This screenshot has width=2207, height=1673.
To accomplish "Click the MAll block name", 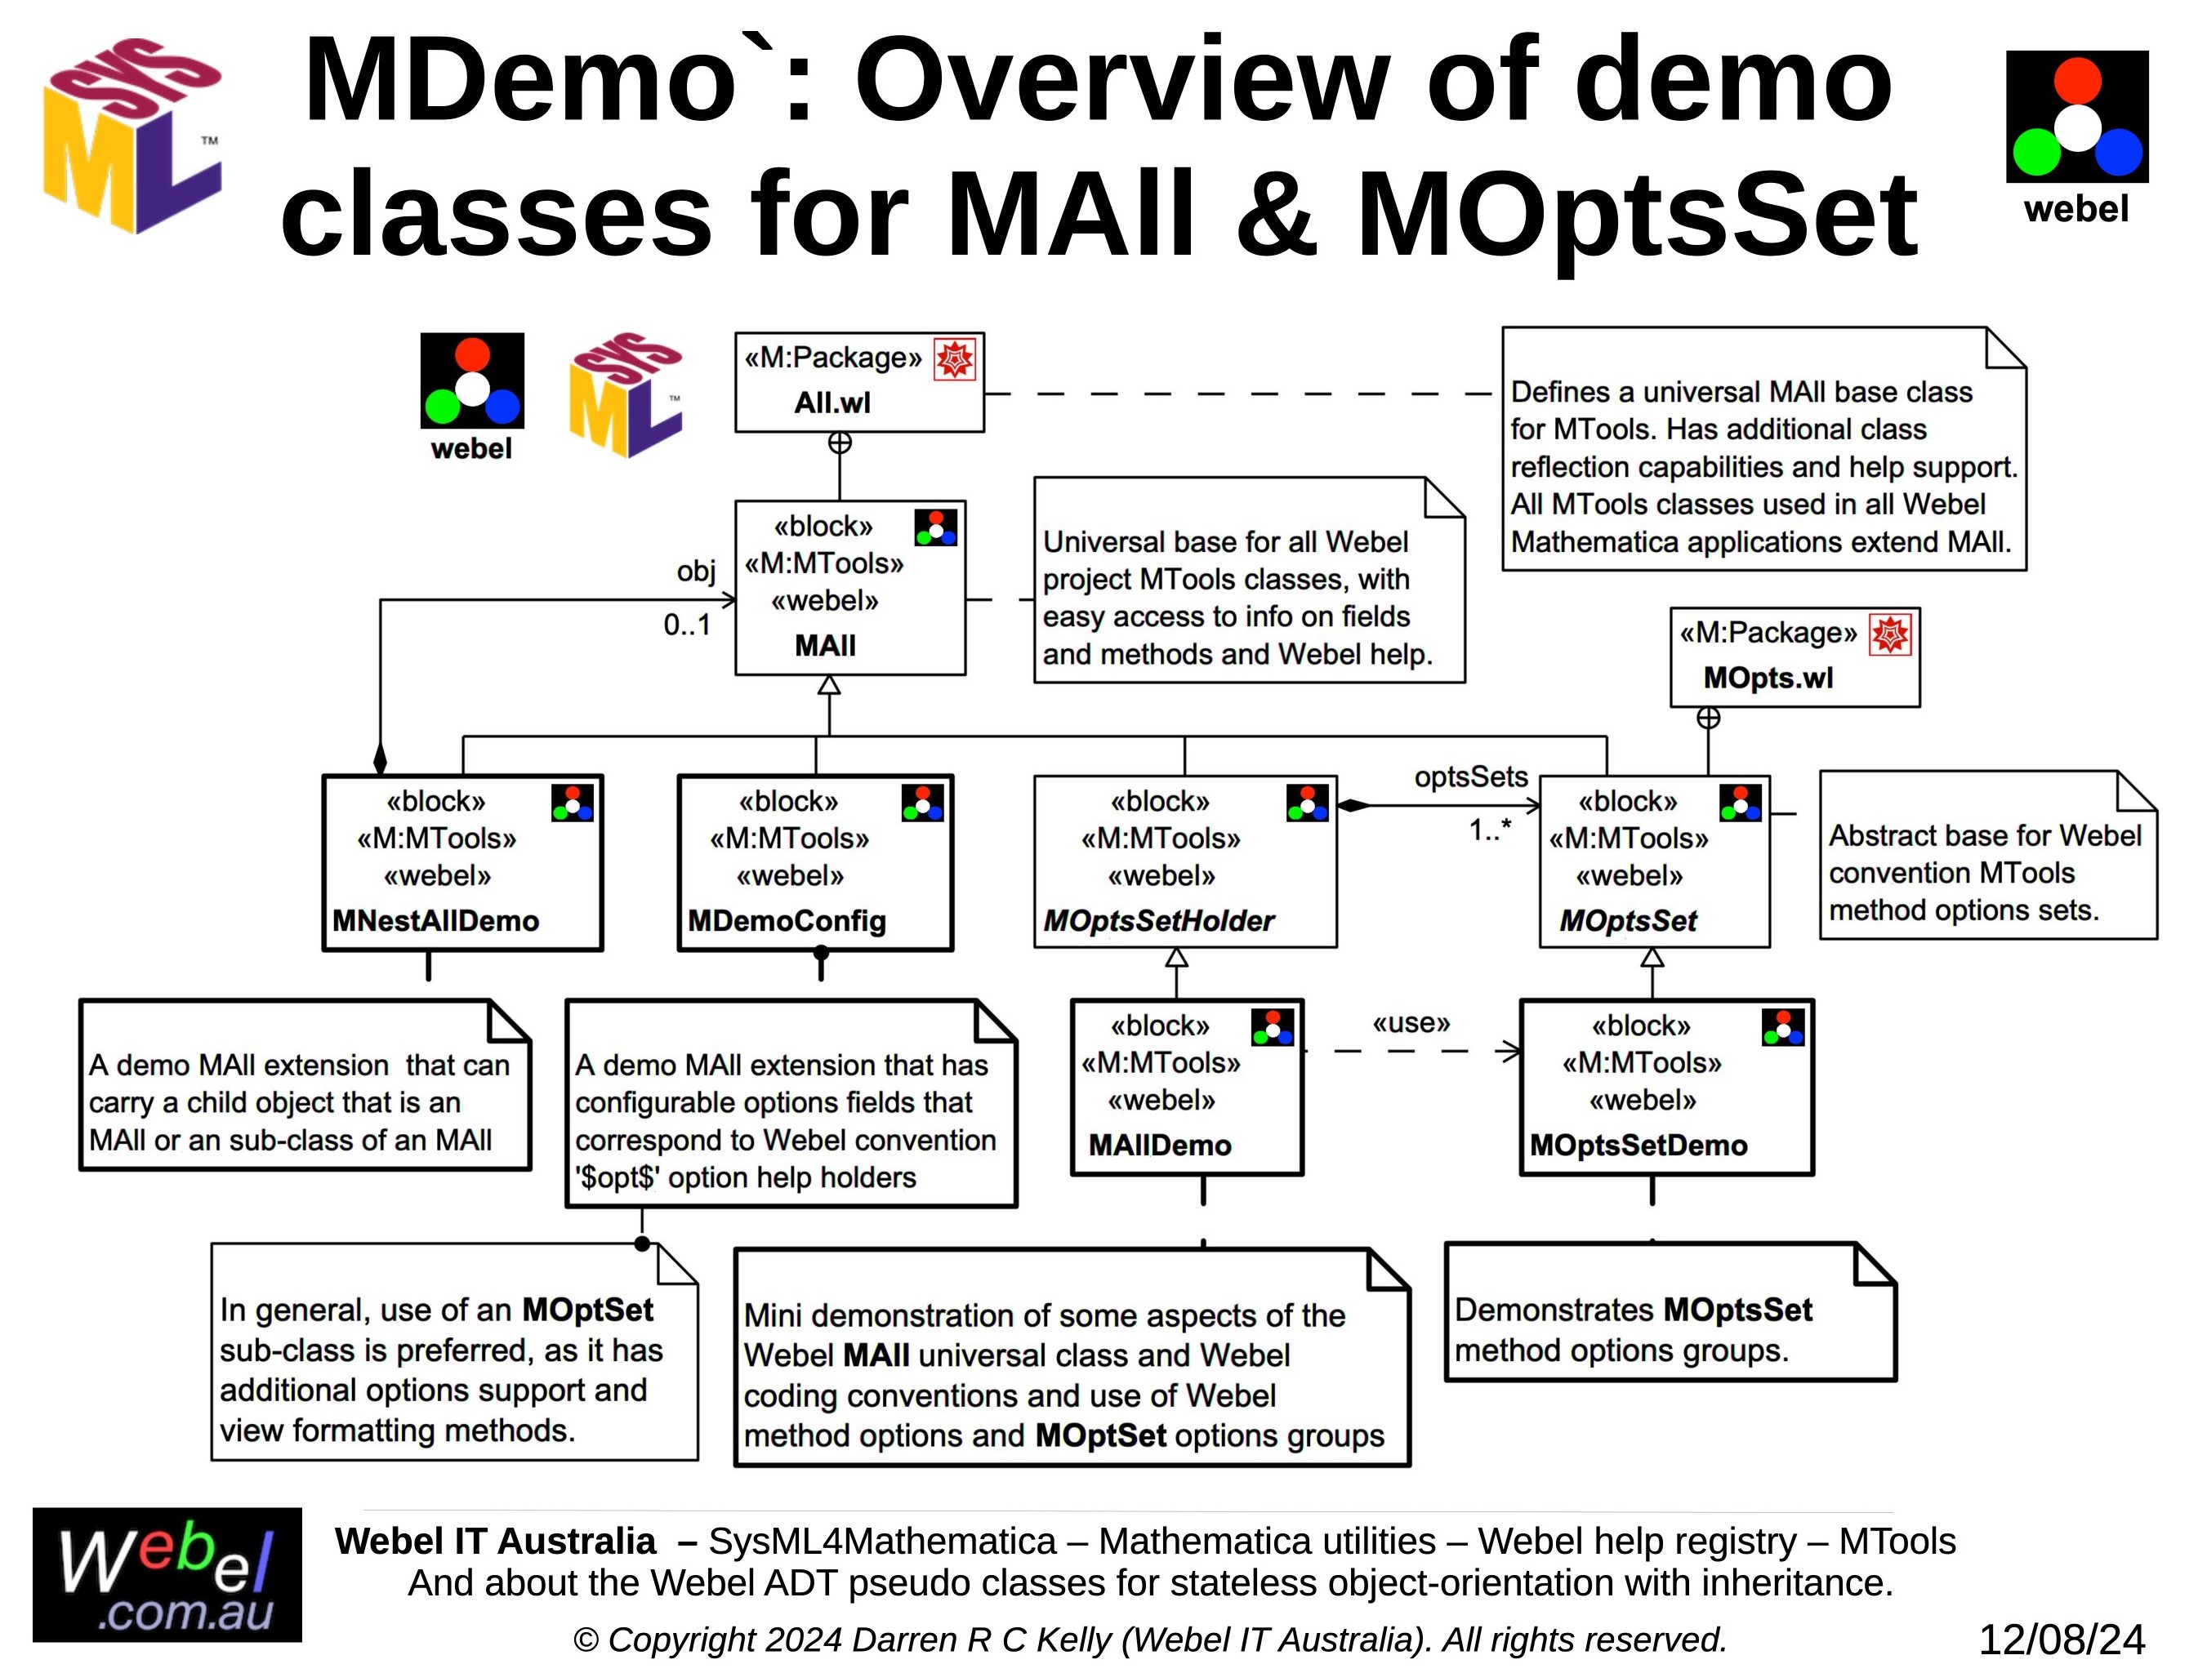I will [x=825, y=647].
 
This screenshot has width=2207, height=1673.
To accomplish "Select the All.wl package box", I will [x=858, y=382].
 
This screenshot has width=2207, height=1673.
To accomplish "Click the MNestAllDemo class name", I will [x=435, y=921].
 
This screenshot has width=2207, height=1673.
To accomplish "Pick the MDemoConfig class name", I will [x=787, y=921].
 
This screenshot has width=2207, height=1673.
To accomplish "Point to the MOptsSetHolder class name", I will [x=1158, y=921].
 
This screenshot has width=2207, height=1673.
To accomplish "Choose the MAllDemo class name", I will [x=1159, y=1146].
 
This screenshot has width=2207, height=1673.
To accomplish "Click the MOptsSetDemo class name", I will [x=1639, y=1146].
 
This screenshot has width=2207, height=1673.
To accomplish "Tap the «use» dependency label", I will [x=1411, y=1024].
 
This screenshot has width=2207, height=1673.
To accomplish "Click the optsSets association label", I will [x=1471, y=777].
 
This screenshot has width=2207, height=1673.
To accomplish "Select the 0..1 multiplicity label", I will [x=688, y=625].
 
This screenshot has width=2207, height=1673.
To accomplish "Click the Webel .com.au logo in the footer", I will [x=167, y=1575].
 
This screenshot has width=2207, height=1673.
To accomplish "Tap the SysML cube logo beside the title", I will [x=132, y=136].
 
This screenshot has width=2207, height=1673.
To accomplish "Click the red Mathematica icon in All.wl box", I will [x=955, y=360].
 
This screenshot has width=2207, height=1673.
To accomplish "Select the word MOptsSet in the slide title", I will [x=1636, y=215].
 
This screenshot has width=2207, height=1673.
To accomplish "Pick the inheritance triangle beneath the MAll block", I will [x=829, y=685].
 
